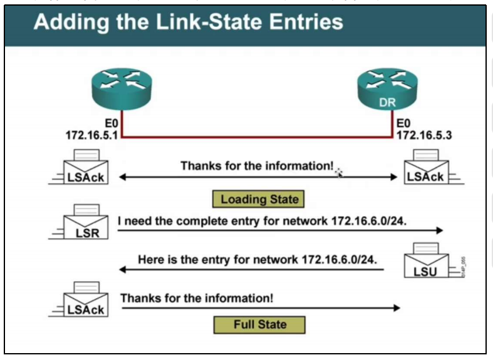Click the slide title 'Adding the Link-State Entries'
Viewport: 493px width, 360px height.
coord(189,23)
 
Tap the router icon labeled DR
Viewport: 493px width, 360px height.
coord(387,88)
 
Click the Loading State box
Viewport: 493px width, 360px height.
coord(259,200)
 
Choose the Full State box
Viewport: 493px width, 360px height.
coord(259,324)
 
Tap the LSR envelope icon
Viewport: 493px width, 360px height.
coord(86,224)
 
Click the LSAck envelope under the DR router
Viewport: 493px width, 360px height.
coord(425,168)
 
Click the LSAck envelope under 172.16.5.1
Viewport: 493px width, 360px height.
coord(86,168)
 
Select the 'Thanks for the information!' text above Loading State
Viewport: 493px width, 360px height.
coord(257,166)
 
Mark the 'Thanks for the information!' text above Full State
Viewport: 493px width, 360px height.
coord(197,297)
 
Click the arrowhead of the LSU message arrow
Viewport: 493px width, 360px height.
coord(123,270)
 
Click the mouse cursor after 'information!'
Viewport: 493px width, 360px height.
coord(339,173)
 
